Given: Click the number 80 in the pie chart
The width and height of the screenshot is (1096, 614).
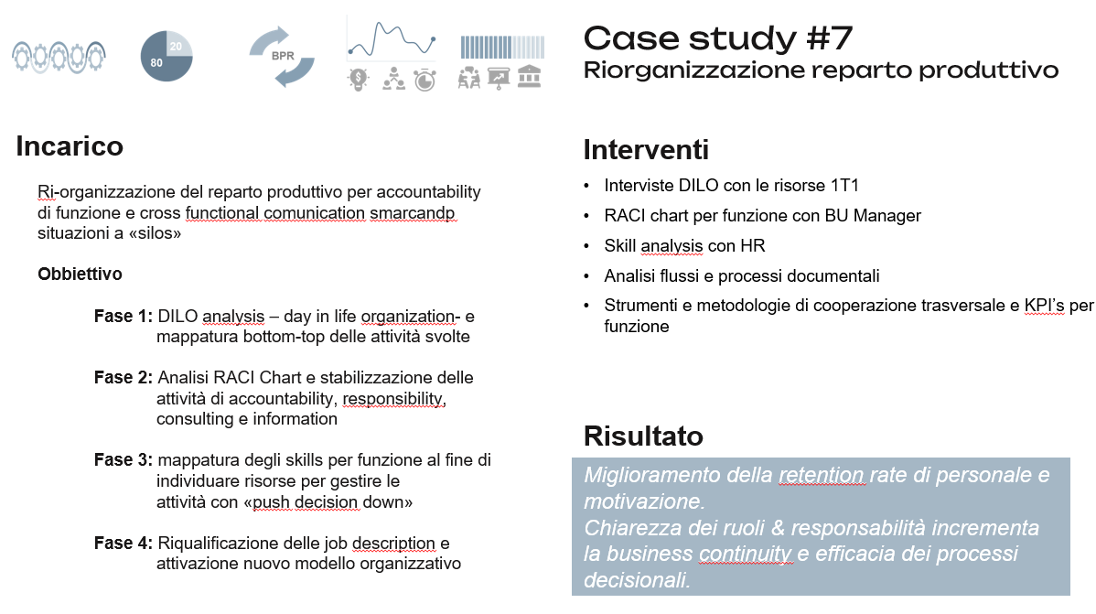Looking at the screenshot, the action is click(x=156, y=63).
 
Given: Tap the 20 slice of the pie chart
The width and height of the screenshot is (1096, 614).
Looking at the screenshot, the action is click(x=178, y=44).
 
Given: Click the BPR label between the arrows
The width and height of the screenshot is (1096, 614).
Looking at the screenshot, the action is click(x=283, y=56).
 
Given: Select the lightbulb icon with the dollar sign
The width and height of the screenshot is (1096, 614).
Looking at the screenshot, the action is click(x=358, y=79).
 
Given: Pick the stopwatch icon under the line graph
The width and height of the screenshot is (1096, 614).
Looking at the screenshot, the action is click(x=424, y=80).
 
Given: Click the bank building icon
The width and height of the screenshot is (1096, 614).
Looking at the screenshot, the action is click(x=529, y=76).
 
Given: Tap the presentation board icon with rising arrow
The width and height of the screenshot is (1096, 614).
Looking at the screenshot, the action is click(x=499, y=79).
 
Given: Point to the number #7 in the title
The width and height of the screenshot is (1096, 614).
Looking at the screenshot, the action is click(x=829, y=38).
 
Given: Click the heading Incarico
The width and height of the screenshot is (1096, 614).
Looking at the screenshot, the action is click(x=70, y=146).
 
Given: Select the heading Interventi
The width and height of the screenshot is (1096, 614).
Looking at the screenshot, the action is click(x=646, y=150).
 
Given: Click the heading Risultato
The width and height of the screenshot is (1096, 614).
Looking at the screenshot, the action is click(x=643, y=436).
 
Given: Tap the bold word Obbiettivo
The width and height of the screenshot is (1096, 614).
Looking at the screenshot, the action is click(x=80, y=275).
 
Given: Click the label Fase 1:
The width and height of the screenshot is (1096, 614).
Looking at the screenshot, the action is click(x=123, y=316).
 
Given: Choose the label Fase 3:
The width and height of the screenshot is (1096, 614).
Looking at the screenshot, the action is click(x=123, y=460).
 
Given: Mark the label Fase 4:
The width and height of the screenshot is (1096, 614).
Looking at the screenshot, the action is click(x=123, y=544).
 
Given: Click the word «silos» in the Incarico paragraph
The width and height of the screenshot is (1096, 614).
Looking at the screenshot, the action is click(x=156, y=233).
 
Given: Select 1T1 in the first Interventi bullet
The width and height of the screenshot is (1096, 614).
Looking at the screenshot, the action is click(x=844, y=186).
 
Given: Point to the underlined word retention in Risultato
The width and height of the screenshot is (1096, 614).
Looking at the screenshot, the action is click(x=822, y=475).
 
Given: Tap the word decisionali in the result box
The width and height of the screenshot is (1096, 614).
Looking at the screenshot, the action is click(x=637, y=580).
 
